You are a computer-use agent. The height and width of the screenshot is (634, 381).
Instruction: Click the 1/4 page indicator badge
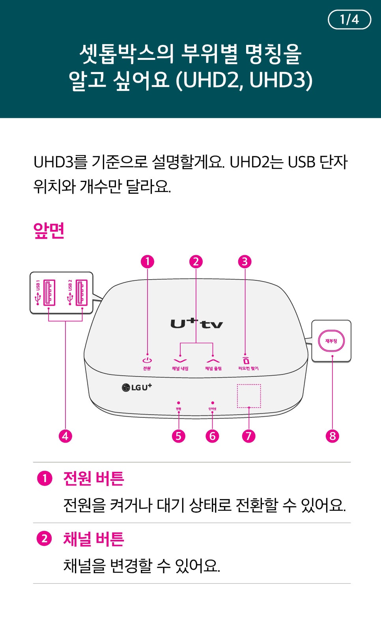click(349, 20)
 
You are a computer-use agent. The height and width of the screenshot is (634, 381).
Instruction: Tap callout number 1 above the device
click(148, 261)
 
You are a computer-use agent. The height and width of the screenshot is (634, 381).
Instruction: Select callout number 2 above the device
click(196, 261)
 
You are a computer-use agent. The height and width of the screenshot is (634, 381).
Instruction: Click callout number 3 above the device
click(245, 261)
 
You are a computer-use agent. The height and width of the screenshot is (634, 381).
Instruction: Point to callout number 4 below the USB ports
click(65, 436)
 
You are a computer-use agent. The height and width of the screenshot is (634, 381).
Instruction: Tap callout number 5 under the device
click(179, 436)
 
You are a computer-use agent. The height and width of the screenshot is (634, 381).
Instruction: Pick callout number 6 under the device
click(212, 436)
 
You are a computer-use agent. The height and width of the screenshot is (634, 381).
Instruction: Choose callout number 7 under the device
click(248, 436)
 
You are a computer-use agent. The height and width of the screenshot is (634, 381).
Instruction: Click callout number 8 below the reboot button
click(332, 436)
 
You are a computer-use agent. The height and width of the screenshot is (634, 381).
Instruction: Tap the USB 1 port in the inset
click(49, 293)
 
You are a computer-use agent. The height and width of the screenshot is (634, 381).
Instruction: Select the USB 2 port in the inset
click(81, 293)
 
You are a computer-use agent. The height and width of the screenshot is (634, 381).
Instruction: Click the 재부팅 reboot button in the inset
click(331, 341)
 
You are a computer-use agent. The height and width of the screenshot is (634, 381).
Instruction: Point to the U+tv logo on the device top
click(196, 323)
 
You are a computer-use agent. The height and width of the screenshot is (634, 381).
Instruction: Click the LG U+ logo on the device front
click(137, 387)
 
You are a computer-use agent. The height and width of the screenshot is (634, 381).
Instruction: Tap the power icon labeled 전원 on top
click(147, 360)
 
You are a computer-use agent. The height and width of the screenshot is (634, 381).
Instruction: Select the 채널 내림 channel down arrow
click(180, 361)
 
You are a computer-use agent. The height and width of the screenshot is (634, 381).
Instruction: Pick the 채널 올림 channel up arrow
click(213, 361)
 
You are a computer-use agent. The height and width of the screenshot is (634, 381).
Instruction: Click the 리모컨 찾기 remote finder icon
click(246, 360)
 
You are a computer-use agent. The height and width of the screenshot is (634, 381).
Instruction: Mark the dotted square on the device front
click(249, 396)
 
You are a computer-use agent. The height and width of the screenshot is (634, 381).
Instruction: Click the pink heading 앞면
click(49, 231)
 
